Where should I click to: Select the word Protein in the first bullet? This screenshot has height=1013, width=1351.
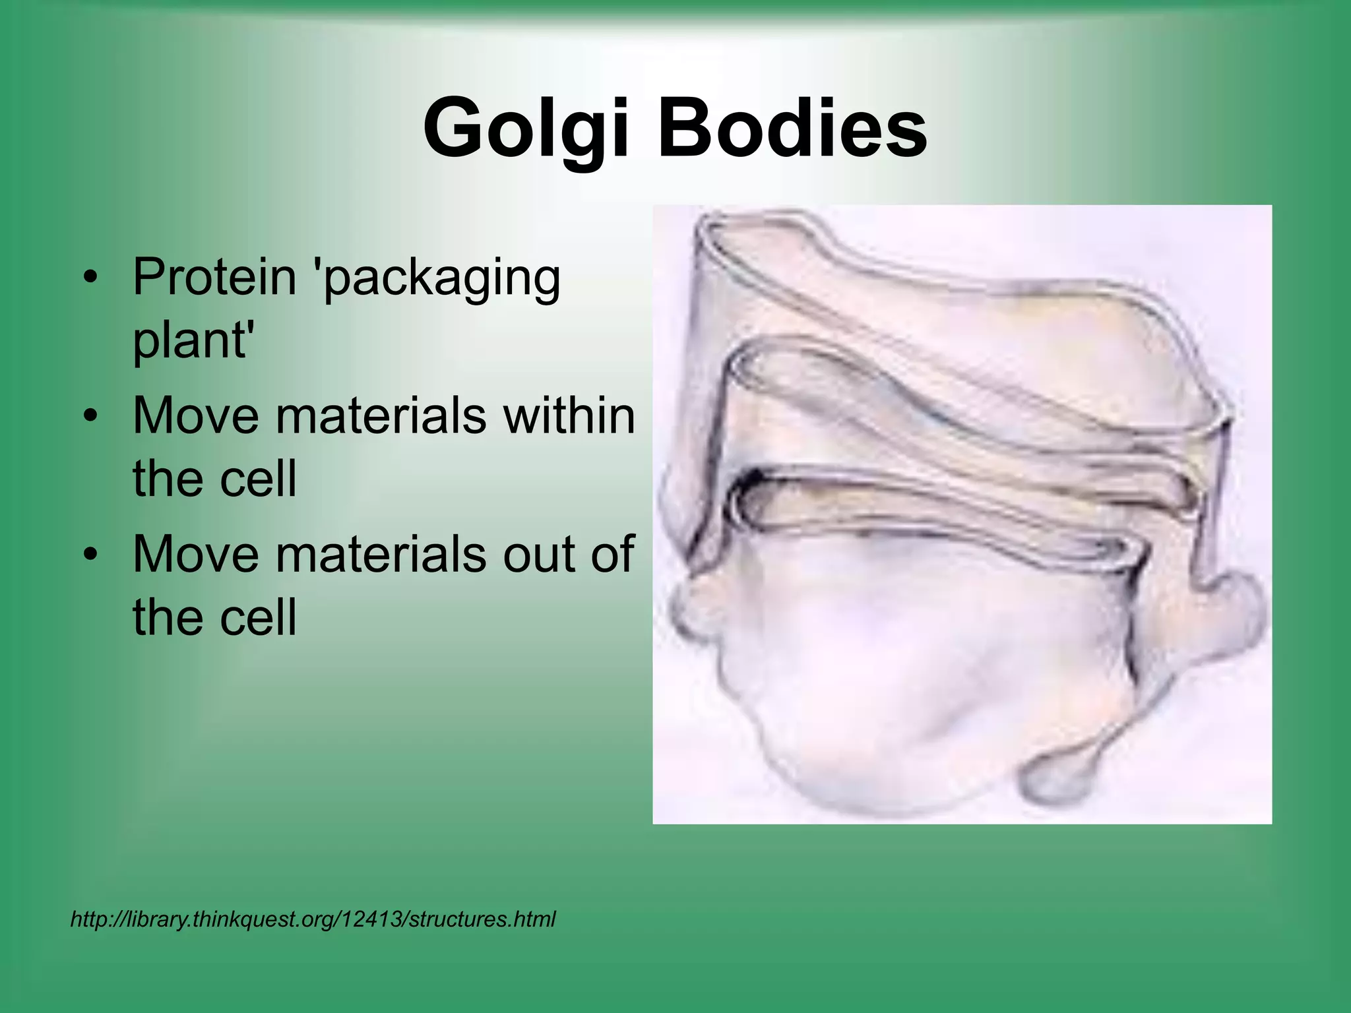[x=214, y=277]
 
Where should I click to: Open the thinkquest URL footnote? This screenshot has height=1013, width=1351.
[x=313, y=919]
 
